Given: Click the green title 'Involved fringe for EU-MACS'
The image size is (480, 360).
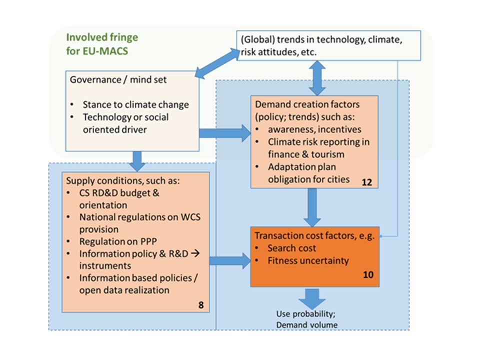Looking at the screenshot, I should [102, 44].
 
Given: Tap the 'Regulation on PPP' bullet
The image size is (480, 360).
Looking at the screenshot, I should [111, 241].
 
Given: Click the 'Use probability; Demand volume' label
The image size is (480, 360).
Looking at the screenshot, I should [307, 320].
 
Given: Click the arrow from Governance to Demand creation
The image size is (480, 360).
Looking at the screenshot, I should [224, 132].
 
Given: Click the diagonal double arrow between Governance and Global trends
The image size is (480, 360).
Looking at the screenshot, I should [216, 63].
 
